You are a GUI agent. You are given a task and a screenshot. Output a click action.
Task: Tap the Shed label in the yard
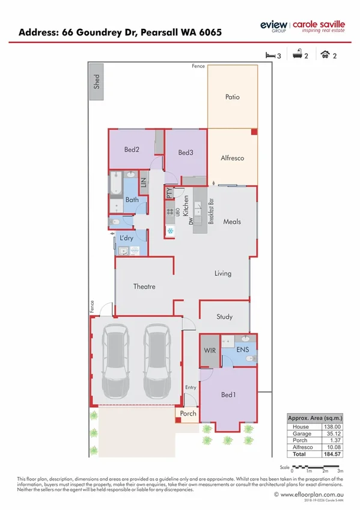[x=97, y=82]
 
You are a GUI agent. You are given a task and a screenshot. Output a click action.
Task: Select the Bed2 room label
[x=132, y=149]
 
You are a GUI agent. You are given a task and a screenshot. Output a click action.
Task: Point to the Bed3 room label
[x=186, y=153]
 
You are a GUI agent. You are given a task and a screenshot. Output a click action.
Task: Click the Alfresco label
[x=232, y=158]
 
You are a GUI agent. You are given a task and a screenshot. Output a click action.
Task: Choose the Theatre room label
[x=144, y=287]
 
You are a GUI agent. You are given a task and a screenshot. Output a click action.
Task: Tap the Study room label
[x=224, y=317]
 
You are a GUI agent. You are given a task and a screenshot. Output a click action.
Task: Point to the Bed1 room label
[x=228, y=395]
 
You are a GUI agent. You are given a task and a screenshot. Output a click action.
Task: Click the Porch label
[x=187, y=414]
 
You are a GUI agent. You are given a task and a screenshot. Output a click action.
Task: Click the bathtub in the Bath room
[x=115, y=185]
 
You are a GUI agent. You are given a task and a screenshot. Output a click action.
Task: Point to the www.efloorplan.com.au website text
[x=308, y=494]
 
